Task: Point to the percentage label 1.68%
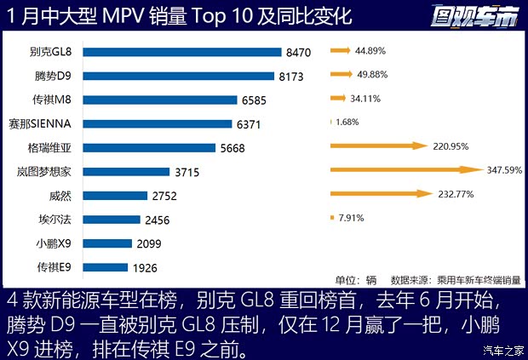[x=347, y=122]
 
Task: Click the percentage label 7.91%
[x=351, y=218]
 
